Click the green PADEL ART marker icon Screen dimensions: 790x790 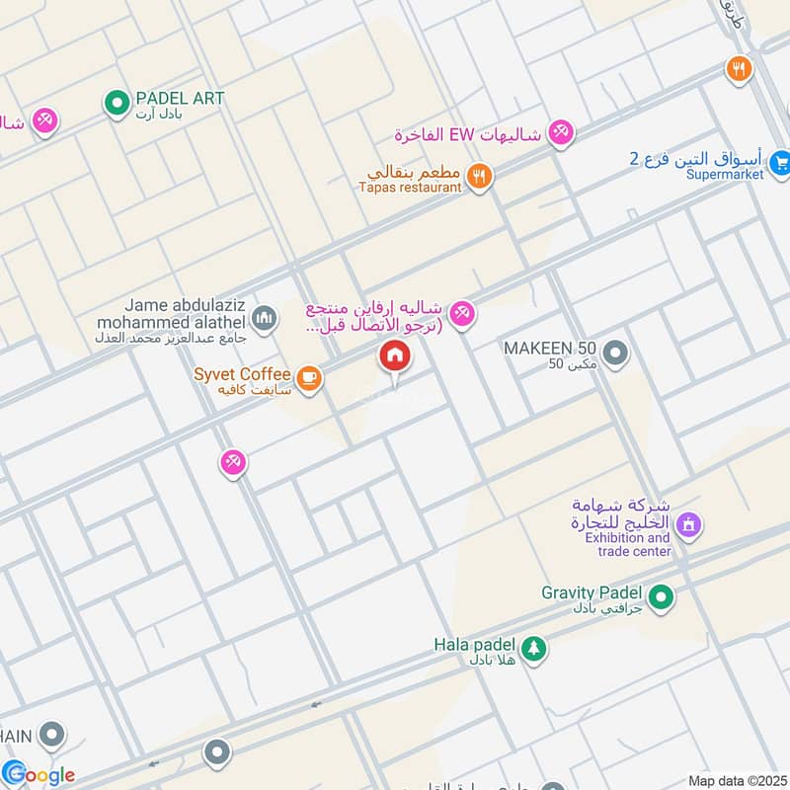(x=117, y=101)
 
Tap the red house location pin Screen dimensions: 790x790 (x=394, y=356)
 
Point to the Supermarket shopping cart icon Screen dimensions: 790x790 (x=780, y=161)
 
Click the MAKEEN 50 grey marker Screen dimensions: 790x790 (x=615, y=352)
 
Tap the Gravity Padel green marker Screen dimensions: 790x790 (x=663, y=596)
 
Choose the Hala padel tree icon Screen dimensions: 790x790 (x=533, y=649)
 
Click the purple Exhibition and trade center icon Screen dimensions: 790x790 (x=689, y=523)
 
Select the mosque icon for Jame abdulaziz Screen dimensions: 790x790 (x=263, y=318)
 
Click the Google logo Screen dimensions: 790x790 (x=39, y=774)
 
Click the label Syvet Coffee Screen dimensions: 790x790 (x=243, y=374)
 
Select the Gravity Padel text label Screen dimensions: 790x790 (x=592, y=592)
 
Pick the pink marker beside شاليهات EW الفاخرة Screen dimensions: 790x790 (x=561, y=132)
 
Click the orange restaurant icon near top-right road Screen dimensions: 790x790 (x=738, y=69)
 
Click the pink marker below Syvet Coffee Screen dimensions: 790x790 (x=232, y=461)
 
